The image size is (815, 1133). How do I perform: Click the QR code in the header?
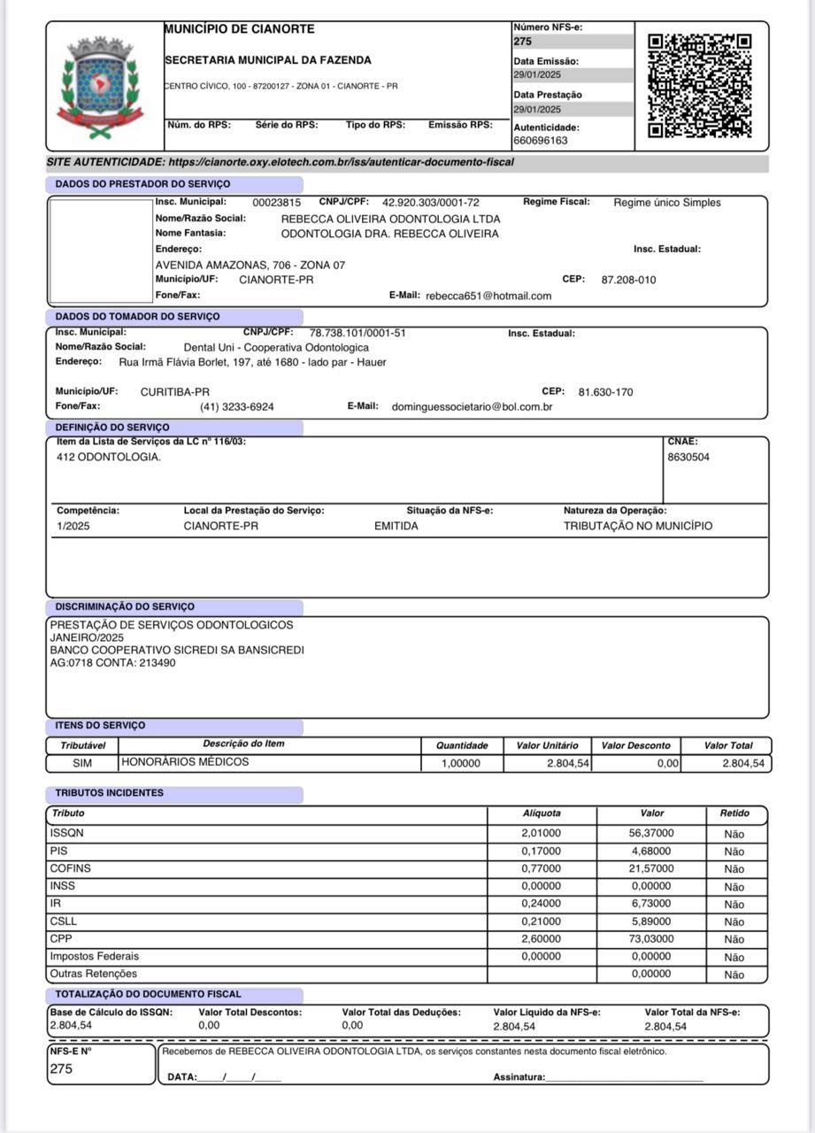click(699, 86)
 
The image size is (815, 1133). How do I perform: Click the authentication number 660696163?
click(541, 141)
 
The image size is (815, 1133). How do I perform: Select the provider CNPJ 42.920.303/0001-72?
click(430, 203)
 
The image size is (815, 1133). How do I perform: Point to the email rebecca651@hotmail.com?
click(488, 296)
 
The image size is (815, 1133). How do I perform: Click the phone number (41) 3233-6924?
click(236, 407)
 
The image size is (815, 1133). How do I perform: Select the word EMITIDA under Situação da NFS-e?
click(396, 526)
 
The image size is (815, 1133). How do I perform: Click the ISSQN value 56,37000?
click(651, 833)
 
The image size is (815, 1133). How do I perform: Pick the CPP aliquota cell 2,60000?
click(541, 939)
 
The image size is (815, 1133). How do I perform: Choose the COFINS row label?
click(71, 868)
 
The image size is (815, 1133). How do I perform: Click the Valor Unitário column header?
click(547, 745)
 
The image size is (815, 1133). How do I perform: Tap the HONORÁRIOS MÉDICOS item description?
click(185, 762)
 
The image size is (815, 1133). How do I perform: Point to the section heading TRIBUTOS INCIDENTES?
click(109, 793)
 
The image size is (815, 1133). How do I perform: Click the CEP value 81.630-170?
click(605, 392)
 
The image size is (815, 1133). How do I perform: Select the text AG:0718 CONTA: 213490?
click(112, 663)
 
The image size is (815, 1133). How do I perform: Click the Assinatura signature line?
click(624, 1077)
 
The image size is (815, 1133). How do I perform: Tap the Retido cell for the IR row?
click(734, 904)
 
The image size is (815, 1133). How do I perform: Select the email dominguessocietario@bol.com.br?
click(472, 407)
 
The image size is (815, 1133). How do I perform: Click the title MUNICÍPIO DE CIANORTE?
click(240, 29)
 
